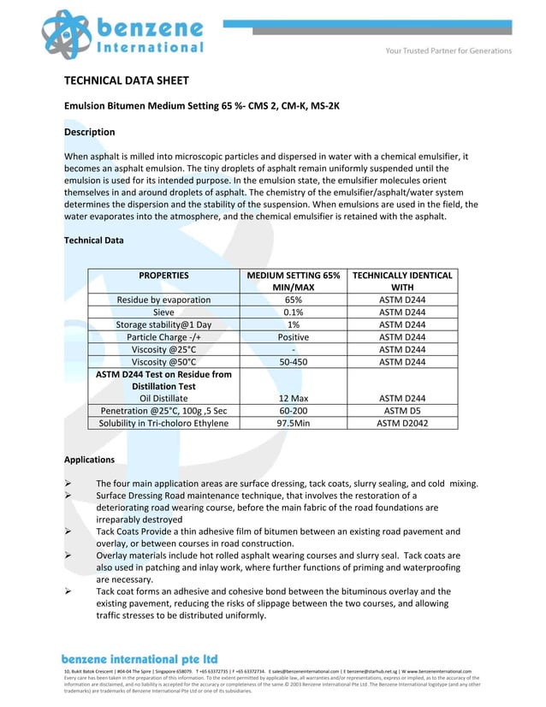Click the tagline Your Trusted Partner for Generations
pyautogui.click(x=448, y=50)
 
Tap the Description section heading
pyautogui.click(x=90, y=132)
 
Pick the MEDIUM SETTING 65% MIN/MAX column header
pyautogui.click(x=294, y=282)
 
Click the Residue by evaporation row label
pyautogui.click(x=163, y=300)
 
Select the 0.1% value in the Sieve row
pyautogui.click(x=294, y=312)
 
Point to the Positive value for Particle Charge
pyautogui.click(x=294, y=337)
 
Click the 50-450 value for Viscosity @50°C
pyautogui.click(x=294, y=362)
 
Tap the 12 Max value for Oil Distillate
pyautogui.click(x=294, y=398)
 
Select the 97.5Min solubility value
pyautogui.click(x=294, y=423)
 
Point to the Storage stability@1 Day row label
pyautogui.click(x=163, y=325)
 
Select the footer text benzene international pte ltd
pyautogui.click(x=139, y=659)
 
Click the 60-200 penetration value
pyautogui.click(x=294, y=411)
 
